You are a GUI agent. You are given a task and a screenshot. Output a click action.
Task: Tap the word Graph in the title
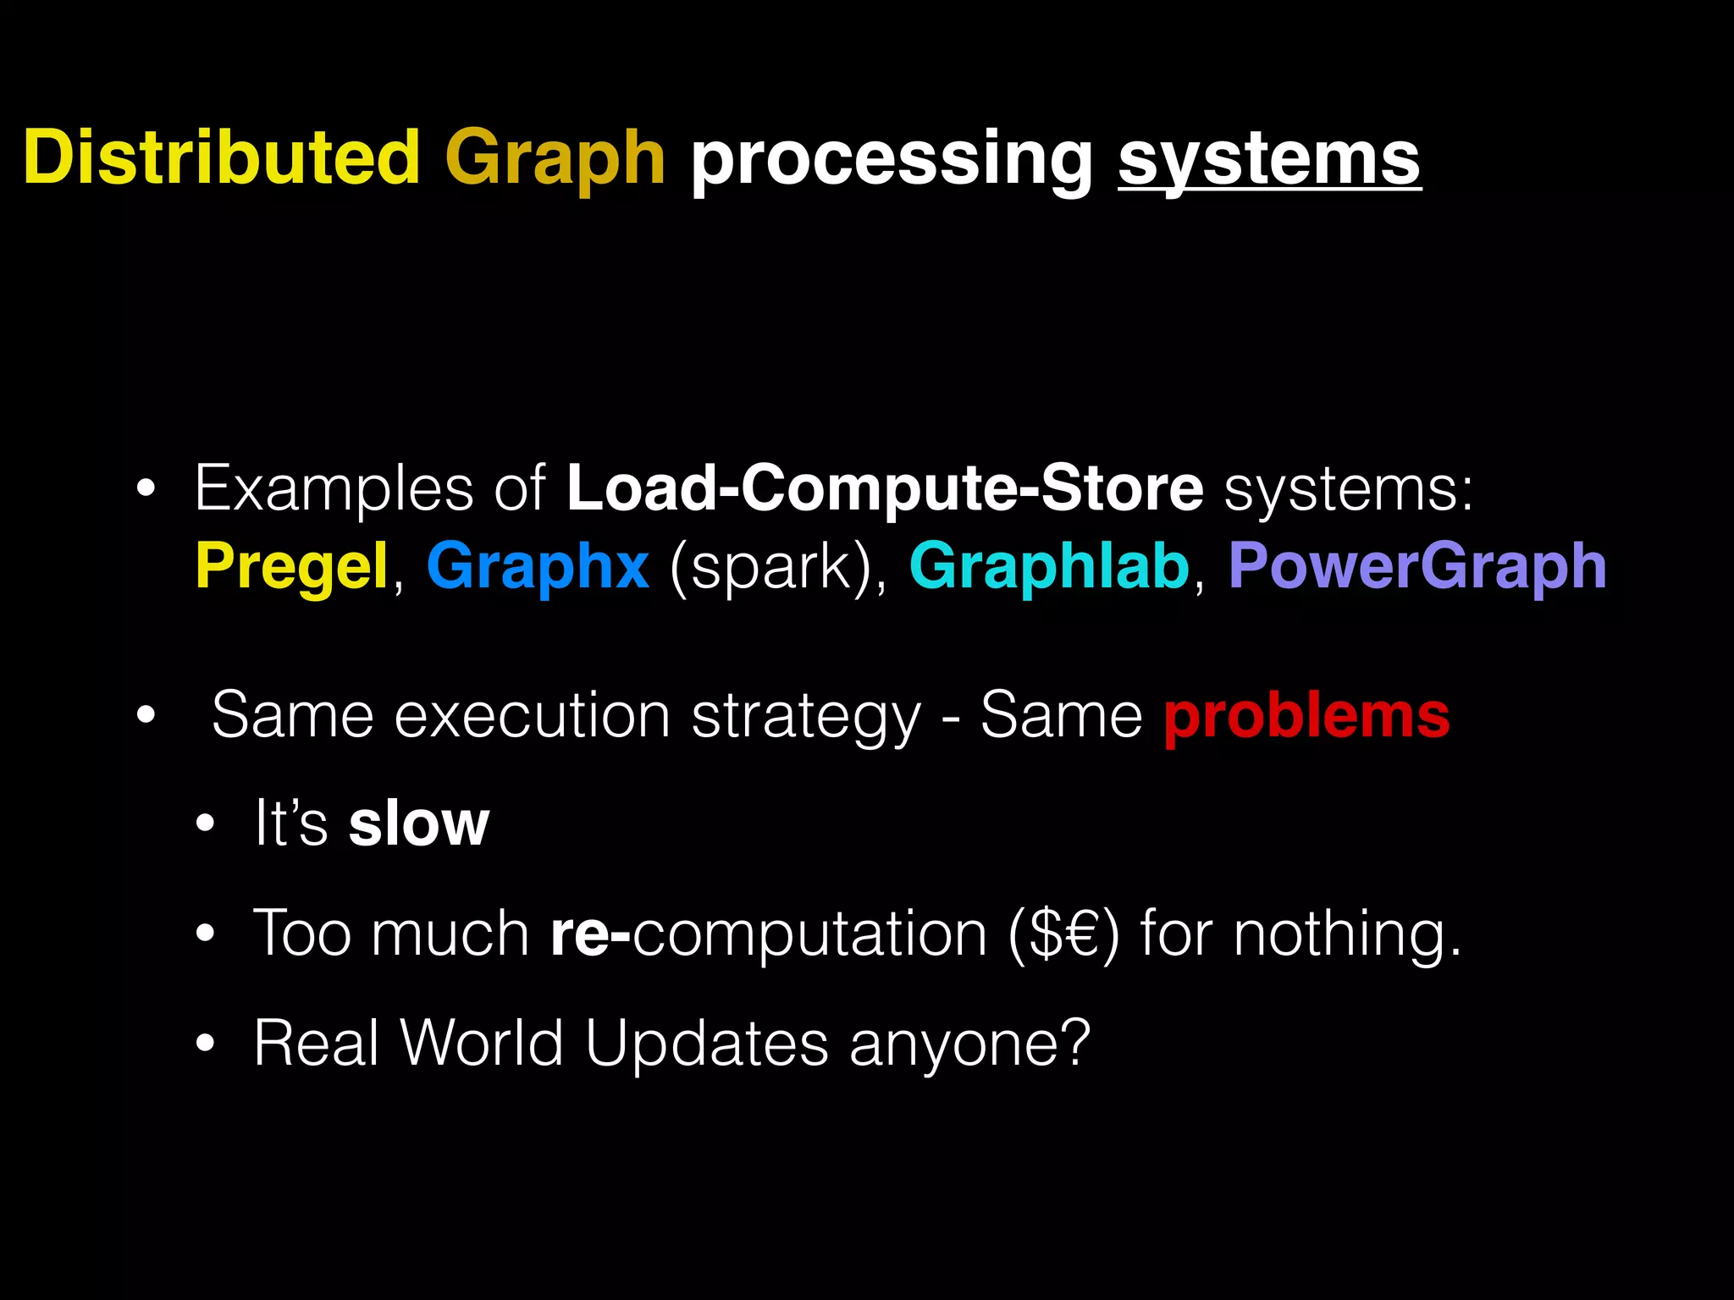tap(555, 159)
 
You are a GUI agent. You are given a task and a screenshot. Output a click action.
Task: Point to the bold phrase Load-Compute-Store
tap(885, 488)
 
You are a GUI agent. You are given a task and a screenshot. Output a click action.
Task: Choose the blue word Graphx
tap(538, 567)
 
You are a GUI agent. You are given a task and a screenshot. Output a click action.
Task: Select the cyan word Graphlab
tap(1049, 567)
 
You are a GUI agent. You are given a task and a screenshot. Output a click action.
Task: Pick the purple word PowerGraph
tap(1417, 567)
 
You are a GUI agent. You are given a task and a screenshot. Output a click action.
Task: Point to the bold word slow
tap(419, 824)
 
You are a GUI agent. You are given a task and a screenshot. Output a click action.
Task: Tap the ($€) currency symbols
tap(1063, 934)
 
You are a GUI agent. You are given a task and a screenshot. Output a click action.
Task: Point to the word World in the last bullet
tap(482, 1043)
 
